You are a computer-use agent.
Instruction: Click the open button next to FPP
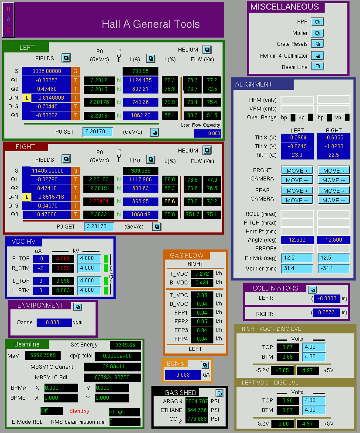[x=317, y=22]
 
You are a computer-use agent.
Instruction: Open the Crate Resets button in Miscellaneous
[x=318, y=44]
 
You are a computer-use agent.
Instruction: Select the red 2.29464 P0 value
[x=99, y=201]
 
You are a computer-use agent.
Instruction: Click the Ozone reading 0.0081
[x=54, y=322]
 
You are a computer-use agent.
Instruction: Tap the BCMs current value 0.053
[x=183, y=375]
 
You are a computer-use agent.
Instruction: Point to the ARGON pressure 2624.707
[x=197, y=401]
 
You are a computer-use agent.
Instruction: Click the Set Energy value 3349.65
[x=126, y=345]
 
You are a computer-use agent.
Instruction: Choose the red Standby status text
[x=79, y=411]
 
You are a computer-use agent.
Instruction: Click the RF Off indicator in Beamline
[x=124, y=412]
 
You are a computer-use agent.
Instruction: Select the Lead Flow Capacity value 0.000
[x=207, y=133]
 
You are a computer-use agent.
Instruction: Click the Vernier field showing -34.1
[x=333, y=268]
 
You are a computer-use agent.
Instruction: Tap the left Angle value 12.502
[x=297, y=240]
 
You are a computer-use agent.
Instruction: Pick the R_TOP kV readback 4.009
[x=63, y=259]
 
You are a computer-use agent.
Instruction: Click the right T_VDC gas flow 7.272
[x=202, y=274]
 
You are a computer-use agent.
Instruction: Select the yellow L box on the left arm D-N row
[x=27, y=98]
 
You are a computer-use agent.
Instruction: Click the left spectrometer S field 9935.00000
[x=47, y=71]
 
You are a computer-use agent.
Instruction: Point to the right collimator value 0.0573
[x=327, y=312]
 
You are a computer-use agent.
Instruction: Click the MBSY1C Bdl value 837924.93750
[x=112, y=378]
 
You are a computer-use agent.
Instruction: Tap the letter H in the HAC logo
[x=9, y=9]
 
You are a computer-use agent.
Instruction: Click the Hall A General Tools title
[x=151, y=24]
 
